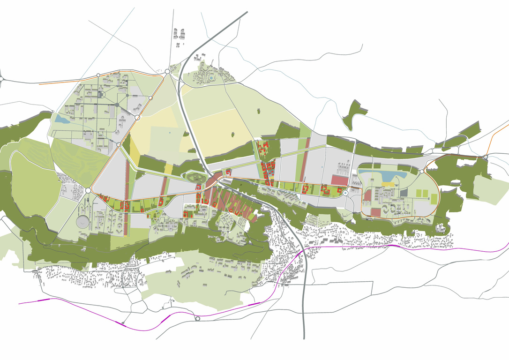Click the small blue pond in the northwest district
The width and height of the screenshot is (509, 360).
[61, 119]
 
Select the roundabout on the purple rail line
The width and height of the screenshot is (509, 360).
[198, 319]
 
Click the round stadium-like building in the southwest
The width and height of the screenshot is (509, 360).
[84, 221]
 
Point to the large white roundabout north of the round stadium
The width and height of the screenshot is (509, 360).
[88, 191]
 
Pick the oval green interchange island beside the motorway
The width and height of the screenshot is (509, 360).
[196, 178]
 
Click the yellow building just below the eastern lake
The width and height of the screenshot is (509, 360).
[389, 185]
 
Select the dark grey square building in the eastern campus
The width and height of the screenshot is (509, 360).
[404, 193]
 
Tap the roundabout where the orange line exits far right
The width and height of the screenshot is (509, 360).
[487, 156]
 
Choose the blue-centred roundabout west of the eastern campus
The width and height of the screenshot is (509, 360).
[345, 193]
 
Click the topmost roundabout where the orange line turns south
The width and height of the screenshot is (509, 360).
[167, 72]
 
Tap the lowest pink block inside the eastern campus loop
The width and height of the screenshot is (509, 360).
[376, 212]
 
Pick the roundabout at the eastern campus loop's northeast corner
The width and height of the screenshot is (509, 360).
[422, 172]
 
